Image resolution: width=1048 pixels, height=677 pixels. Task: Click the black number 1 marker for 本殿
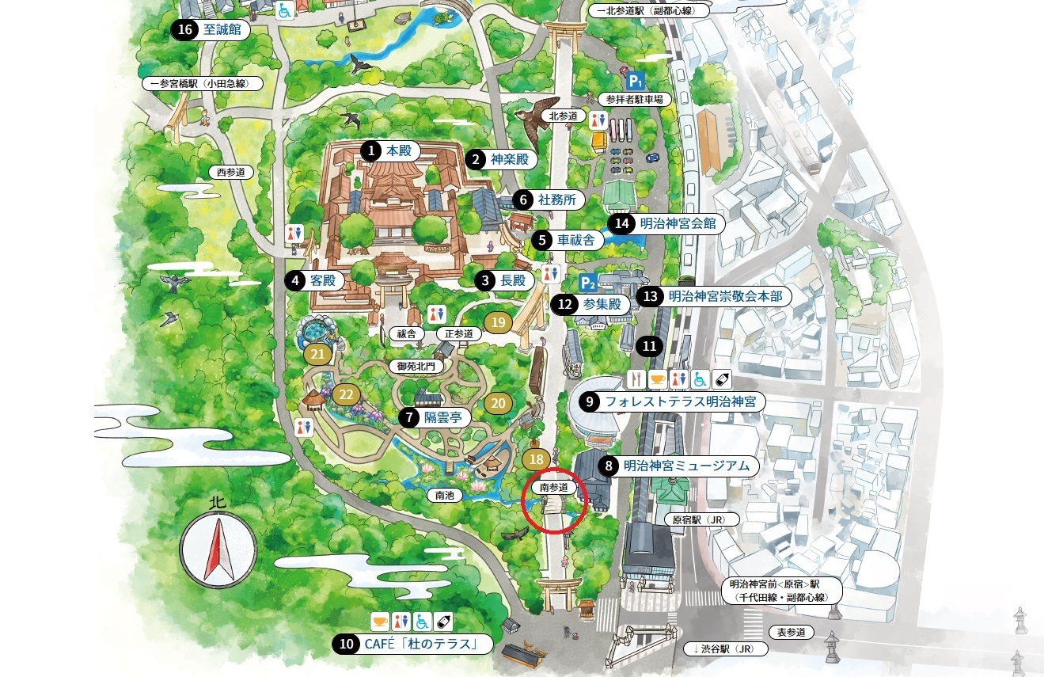(370, 150)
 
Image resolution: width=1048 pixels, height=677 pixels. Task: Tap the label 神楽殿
(508, 159)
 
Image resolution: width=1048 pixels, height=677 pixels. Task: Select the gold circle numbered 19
(498, 322)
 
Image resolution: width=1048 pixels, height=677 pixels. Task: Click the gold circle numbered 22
(346, 394)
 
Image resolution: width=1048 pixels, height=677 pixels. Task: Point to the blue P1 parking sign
(635, 80)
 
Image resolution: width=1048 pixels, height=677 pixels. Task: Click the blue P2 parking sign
(587, 283)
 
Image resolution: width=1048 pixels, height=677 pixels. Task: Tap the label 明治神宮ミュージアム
(685, 466)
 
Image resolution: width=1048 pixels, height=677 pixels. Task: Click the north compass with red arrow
(218, 547)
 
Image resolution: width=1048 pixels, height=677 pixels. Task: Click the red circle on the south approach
(554, 504)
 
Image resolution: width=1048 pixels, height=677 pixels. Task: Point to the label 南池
(446, 496)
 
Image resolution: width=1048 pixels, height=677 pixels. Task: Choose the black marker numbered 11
(649, 346)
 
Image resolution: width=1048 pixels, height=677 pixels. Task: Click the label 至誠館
(221, 31)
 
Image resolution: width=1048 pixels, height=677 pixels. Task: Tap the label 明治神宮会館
(677, 223)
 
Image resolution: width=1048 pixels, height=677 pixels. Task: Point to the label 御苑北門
(416, 366)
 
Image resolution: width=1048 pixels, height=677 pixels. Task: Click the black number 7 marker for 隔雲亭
(408, 416)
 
